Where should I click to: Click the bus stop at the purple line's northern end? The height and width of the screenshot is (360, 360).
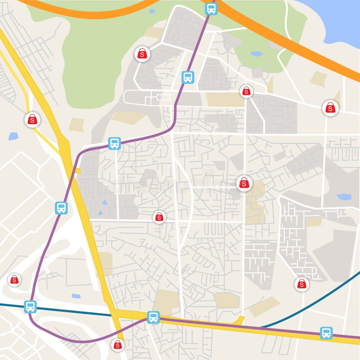click(211, 9)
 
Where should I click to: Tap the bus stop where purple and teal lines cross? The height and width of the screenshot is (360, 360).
click(30, 306)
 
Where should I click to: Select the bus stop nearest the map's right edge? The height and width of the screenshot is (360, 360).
click(326, 333)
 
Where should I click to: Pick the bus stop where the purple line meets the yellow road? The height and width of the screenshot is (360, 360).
click(153, 317)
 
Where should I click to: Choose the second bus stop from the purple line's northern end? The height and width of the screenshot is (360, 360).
click(188, 77)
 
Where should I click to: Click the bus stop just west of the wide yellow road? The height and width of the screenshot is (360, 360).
click(62, 208)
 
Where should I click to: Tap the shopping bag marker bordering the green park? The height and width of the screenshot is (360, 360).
click(142, 54)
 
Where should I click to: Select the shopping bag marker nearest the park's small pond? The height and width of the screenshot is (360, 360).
click(246, 91)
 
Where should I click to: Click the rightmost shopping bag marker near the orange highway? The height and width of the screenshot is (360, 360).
click(330, 108)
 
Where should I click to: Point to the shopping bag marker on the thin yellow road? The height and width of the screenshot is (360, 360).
click(32, 119)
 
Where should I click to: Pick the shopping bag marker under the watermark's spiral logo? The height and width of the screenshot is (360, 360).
click(244, 183)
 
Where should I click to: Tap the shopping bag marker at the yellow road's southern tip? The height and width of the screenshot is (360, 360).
click(117, 345)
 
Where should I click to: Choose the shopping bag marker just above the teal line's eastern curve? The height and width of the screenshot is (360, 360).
click(301, 284)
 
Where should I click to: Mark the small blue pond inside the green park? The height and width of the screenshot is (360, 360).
click(256, 54)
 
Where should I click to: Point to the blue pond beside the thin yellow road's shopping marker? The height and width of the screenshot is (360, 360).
click(13, 135)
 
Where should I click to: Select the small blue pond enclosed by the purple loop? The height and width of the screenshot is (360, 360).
click(76, 296)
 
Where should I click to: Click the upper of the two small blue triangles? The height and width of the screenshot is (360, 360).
click(104, 202)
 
